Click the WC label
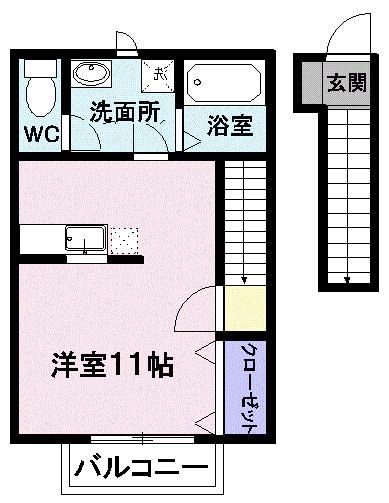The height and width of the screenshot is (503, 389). pyautogui.click(x=42, y=134)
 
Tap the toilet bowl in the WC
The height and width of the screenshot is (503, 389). pyautogui.click(x=41, y=96)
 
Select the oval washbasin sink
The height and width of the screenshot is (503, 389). pyautogui.click(x=91, y=73)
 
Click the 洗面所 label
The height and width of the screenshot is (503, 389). pyautogui.click(x=125, y=112)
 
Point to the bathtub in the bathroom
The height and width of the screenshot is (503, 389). pyautogui.click(x=224, y=83)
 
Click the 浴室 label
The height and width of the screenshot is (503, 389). pyautogui.click(x=230, y=126)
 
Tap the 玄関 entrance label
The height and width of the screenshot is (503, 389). pyautogui.click(x=347, y=83)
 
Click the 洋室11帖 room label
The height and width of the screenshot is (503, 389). pyautogui.click(x=112, y=365)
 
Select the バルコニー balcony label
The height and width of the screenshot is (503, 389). pyautogui.click(x=141, y=467)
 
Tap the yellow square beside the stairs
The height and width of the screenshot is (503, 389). pyautogui.click(x=245, y=308)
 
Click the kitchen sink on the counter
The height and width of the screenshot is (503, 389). pyautogui.click(x=86, y=238)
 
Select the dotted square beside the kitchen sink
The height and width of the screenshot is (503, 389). pyautogui.click(x=124, y=241)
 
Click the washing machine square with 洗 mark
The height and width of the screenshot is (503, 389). pyautogui.click(x=158, y=76)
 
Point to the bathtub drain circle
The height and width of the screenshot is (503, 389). pyautogui.click(x=198, y=82)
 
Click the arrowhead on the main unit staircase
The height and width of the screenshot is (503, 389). pyautogui.click(x=244, y=280)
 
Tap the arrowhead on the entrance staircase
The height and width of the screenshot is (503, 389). pyautogui.click(x=347, y=280)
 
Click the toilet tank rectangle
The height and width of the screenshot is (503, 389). pyautogui.click(x=41, y=68)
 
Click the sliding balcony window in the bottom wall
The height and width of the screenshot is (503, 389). pyautogui.click(x=142, y=439)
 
